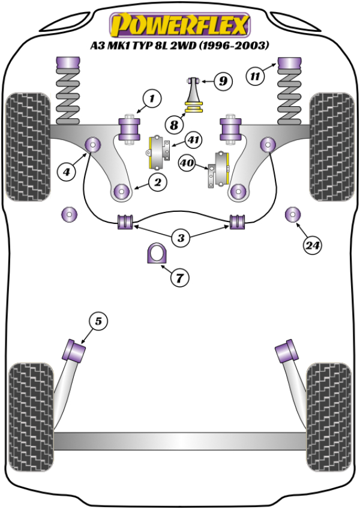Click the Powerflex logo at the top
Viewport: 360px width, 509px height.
[x=179, y=25]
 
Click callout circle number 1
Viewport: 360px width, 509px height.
[x=152, y=98]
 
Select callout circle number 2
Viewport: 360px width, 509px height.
[x=158, y=182]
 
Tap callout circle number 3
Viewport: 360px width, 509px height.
[x=181, y=238]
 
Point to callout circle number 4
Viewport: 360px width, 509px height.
[x=67, y=172]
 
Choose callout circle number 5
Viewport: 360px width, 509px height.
[x=98, y=322]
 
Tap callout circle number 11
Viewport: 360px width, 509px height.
[x=256, y=76]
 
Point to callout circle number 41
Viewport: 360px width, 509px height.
[x=193, y=140]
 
